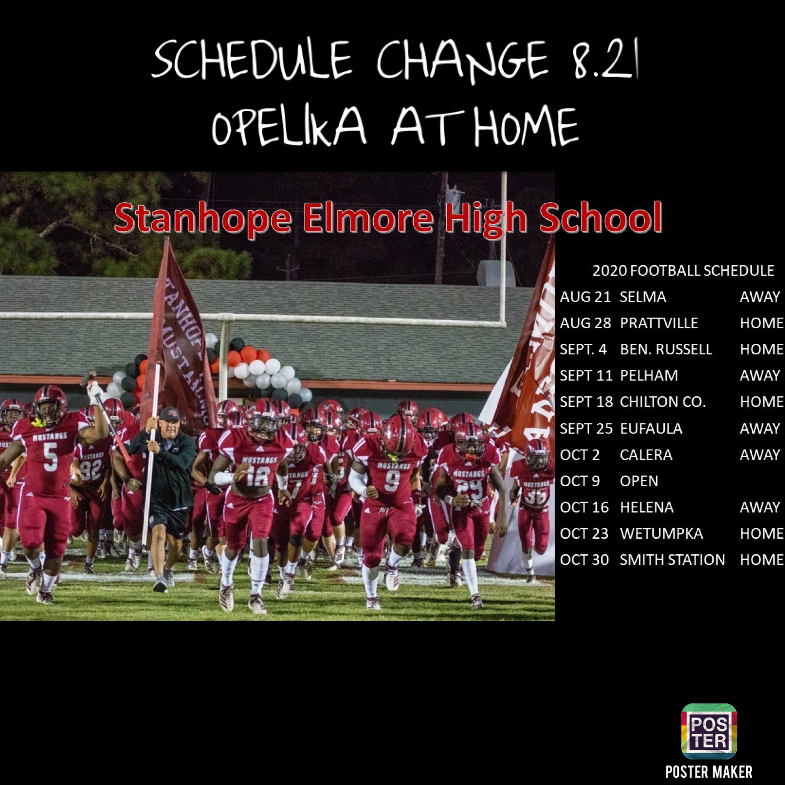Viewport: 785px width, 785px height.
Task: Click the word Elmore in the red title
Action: point(368,218)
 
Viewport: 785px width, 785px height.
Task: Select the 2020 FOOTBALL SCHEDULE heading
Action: point(683,270)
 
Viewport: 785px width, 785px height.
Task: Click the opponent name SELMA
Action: point(643,296)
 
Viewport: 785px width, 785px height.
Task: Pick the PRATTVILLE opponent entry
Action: point(659,323)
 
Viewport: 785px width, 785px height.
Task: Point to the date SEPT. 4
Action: point(583,349)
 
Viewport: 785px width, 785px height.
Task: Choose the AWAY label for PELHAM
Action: point(759,375)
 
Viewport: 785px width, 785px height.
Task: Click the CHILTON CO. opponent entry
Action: point(662,402)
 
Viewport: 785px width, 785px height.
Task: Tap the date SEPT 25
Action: point(586,428)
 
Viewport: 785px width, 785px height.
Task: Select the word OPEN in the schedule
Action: point(639,481)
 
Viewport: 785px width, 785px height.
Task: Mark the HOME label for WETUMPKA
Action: point(761,533)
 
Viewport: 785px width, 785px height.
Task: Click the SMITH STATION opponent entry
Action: point(672,560)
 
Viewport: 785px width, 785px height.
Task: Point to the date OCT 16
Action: point(584,507)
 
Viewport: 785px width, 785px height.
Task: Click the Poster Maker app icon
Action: point(709,731)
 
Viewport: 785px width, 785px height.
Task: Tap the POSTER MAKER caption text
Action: point(709,771)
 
